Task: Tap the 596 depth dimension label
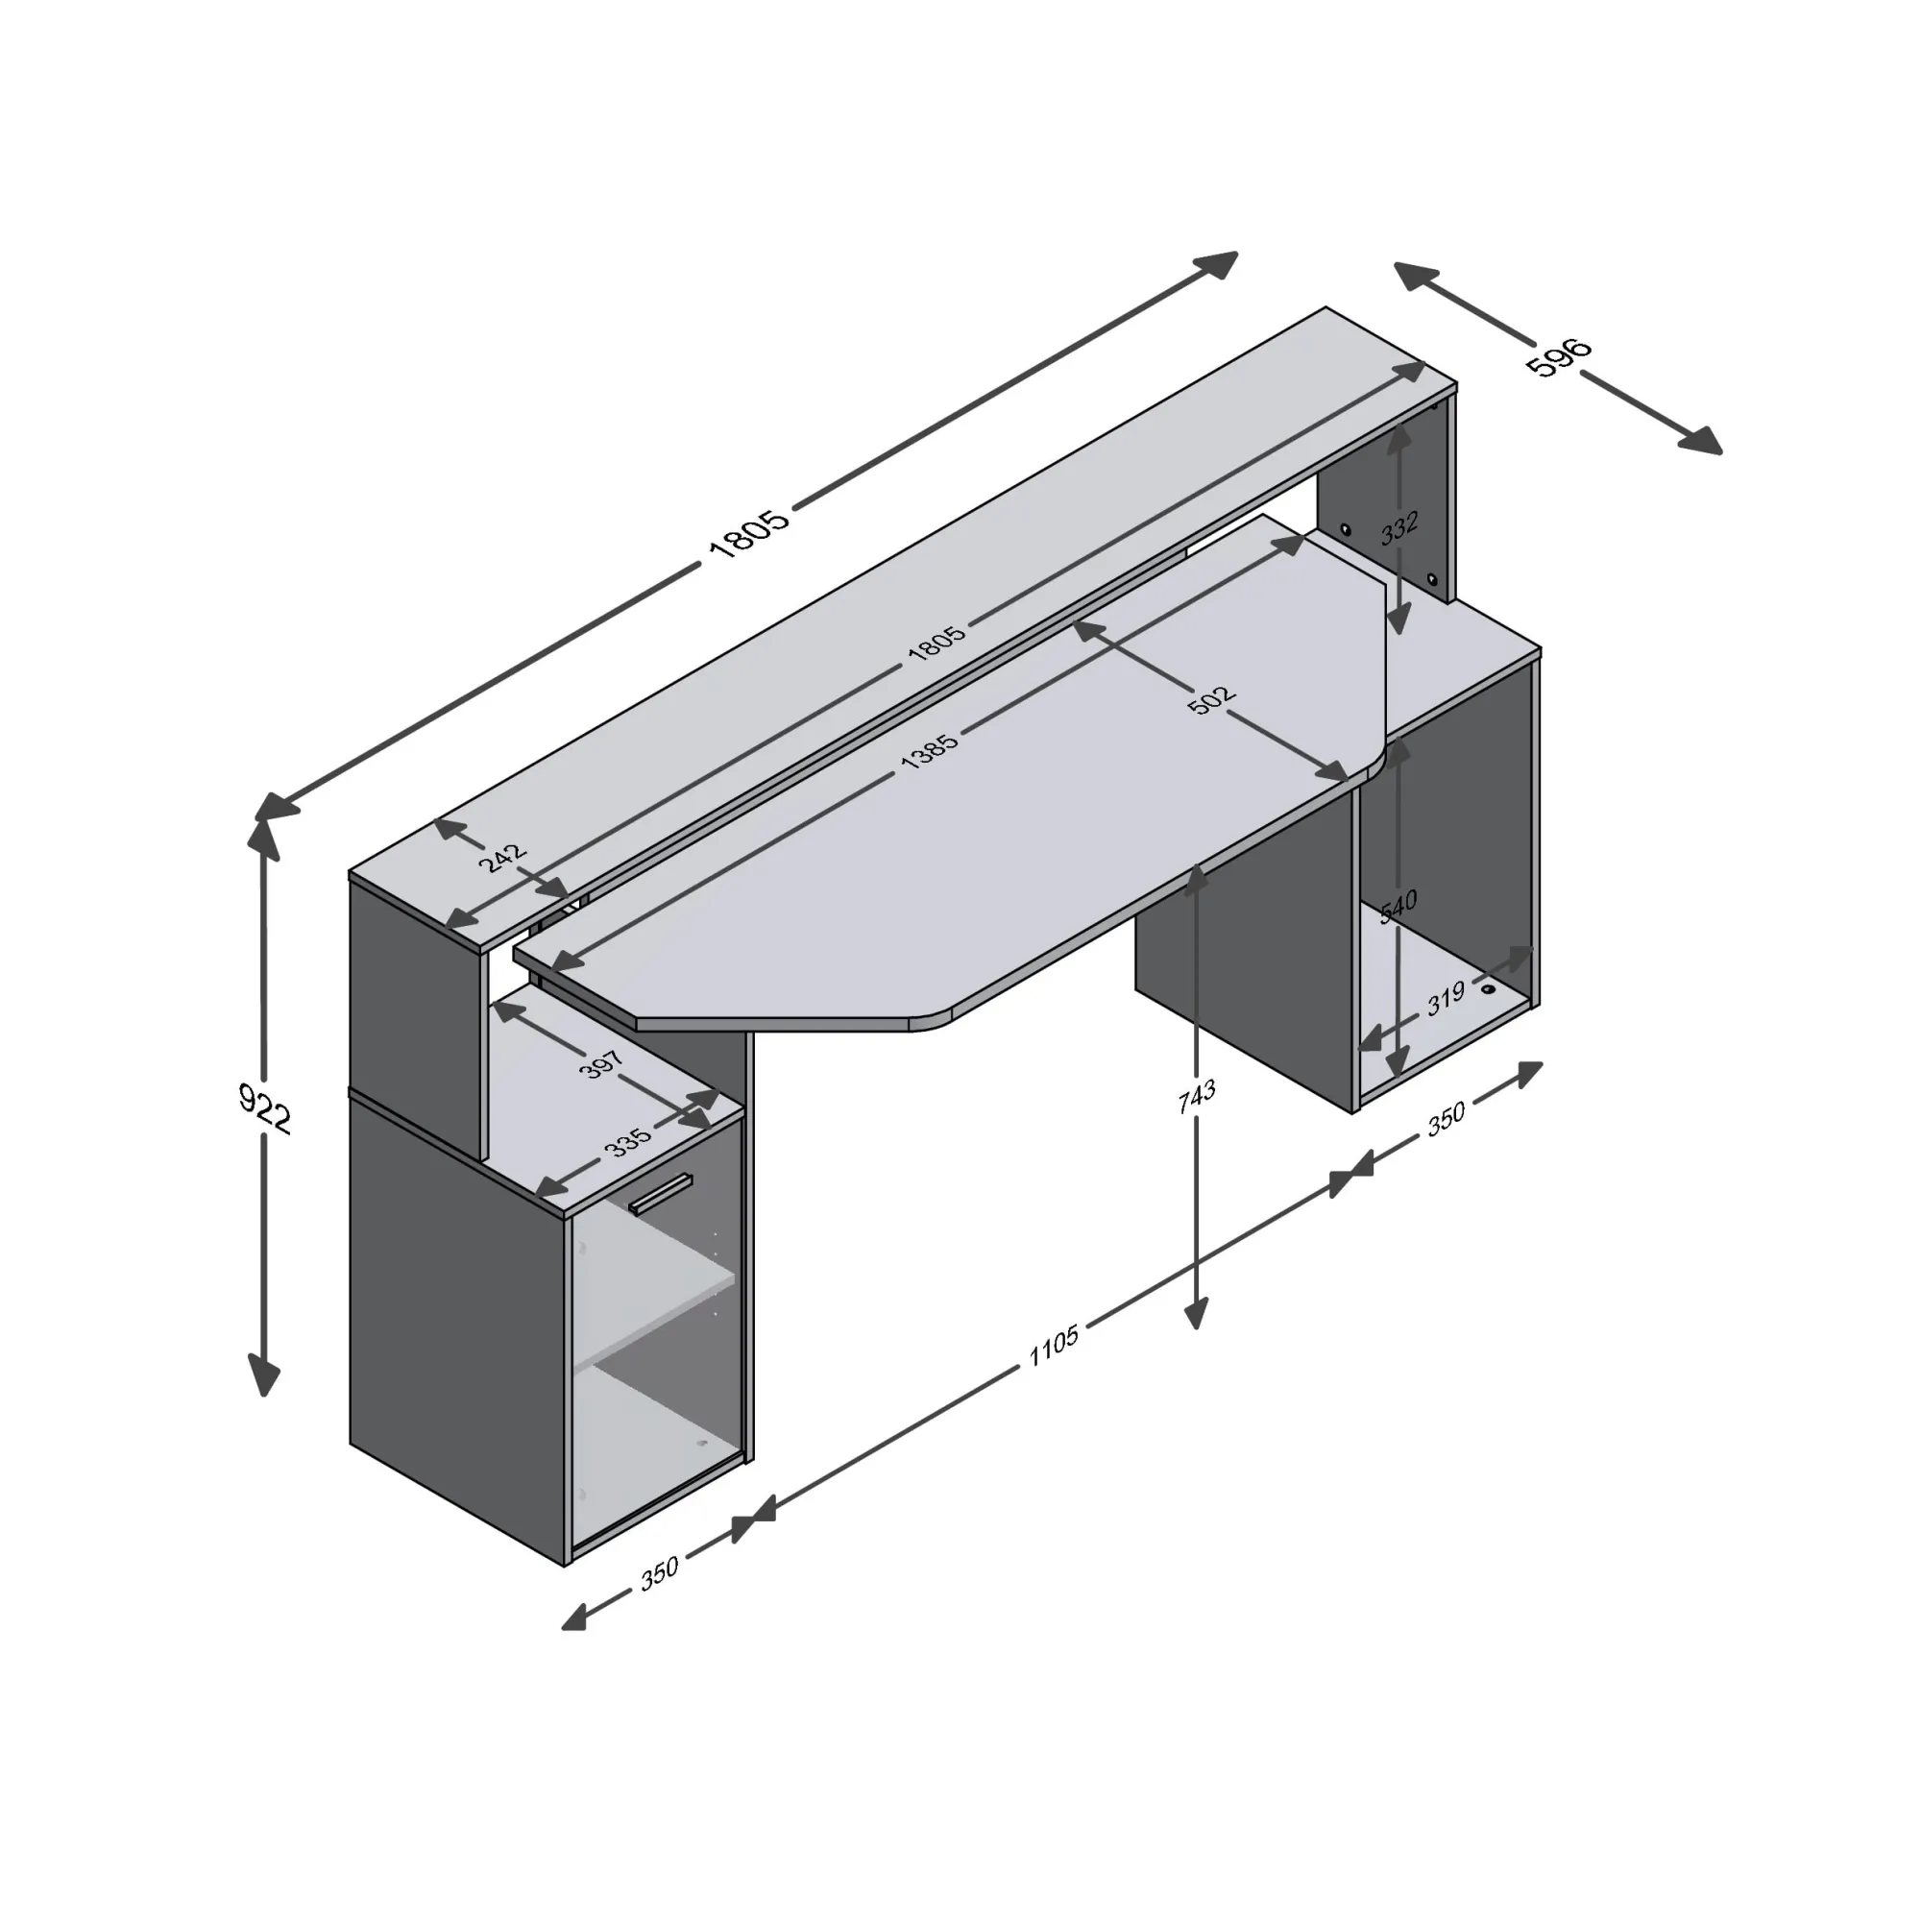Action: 1559,358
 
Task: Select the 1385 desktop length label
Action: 930,751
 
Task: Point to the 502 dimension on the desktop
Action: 1212,698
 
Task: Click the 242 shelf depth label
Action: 503,857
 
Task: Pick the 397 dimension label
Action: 601,1064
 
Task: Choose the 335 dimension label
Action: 628,1141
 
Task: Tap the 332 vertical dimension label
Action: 1399,527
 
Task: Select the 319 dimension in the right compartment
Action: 1447,997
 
